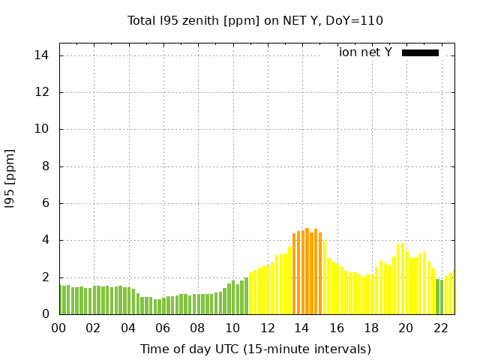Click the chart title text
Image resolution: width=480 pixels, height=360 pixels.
pos(256,20)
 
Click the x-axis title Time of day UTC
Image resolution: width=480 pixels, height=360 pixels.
pos(256,349)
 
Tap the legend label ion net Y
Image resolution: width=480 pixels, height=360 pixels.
pos(365,52)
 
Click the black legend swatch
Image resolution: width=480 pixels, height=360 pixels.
pos(420,52)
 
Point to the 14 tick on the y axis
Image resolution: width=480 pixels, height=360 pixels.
pos(42,55)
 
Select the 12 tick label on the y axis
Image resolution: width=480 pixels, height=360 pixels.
pos(42,92)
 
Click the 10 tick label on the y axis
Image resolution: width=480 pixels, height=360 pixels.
pos(42,129)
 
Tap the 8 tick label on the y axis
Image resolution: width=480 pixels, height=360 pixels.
pos(45,166)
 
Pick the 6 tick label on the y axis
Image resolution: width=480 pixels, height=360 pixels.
pos(45,203)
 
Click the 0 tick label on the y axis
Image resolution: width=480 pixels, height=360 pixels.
pos(45,314)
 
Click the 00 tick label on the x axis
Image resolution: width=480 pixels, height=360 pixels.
pos(59,328)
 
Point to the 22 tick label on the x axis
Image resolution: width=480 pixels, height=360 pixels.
pos(441,328)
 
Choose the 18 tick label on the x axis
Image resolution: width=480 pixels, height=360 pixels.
pos(371,328)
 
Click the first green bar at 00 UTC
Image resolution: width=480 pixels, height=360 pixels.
pos(61,300)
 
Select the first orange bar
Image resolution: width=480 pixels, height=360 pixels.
pos(294,274)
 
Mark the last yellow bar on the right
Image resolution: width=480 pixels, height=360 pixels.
pos(453,292)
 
